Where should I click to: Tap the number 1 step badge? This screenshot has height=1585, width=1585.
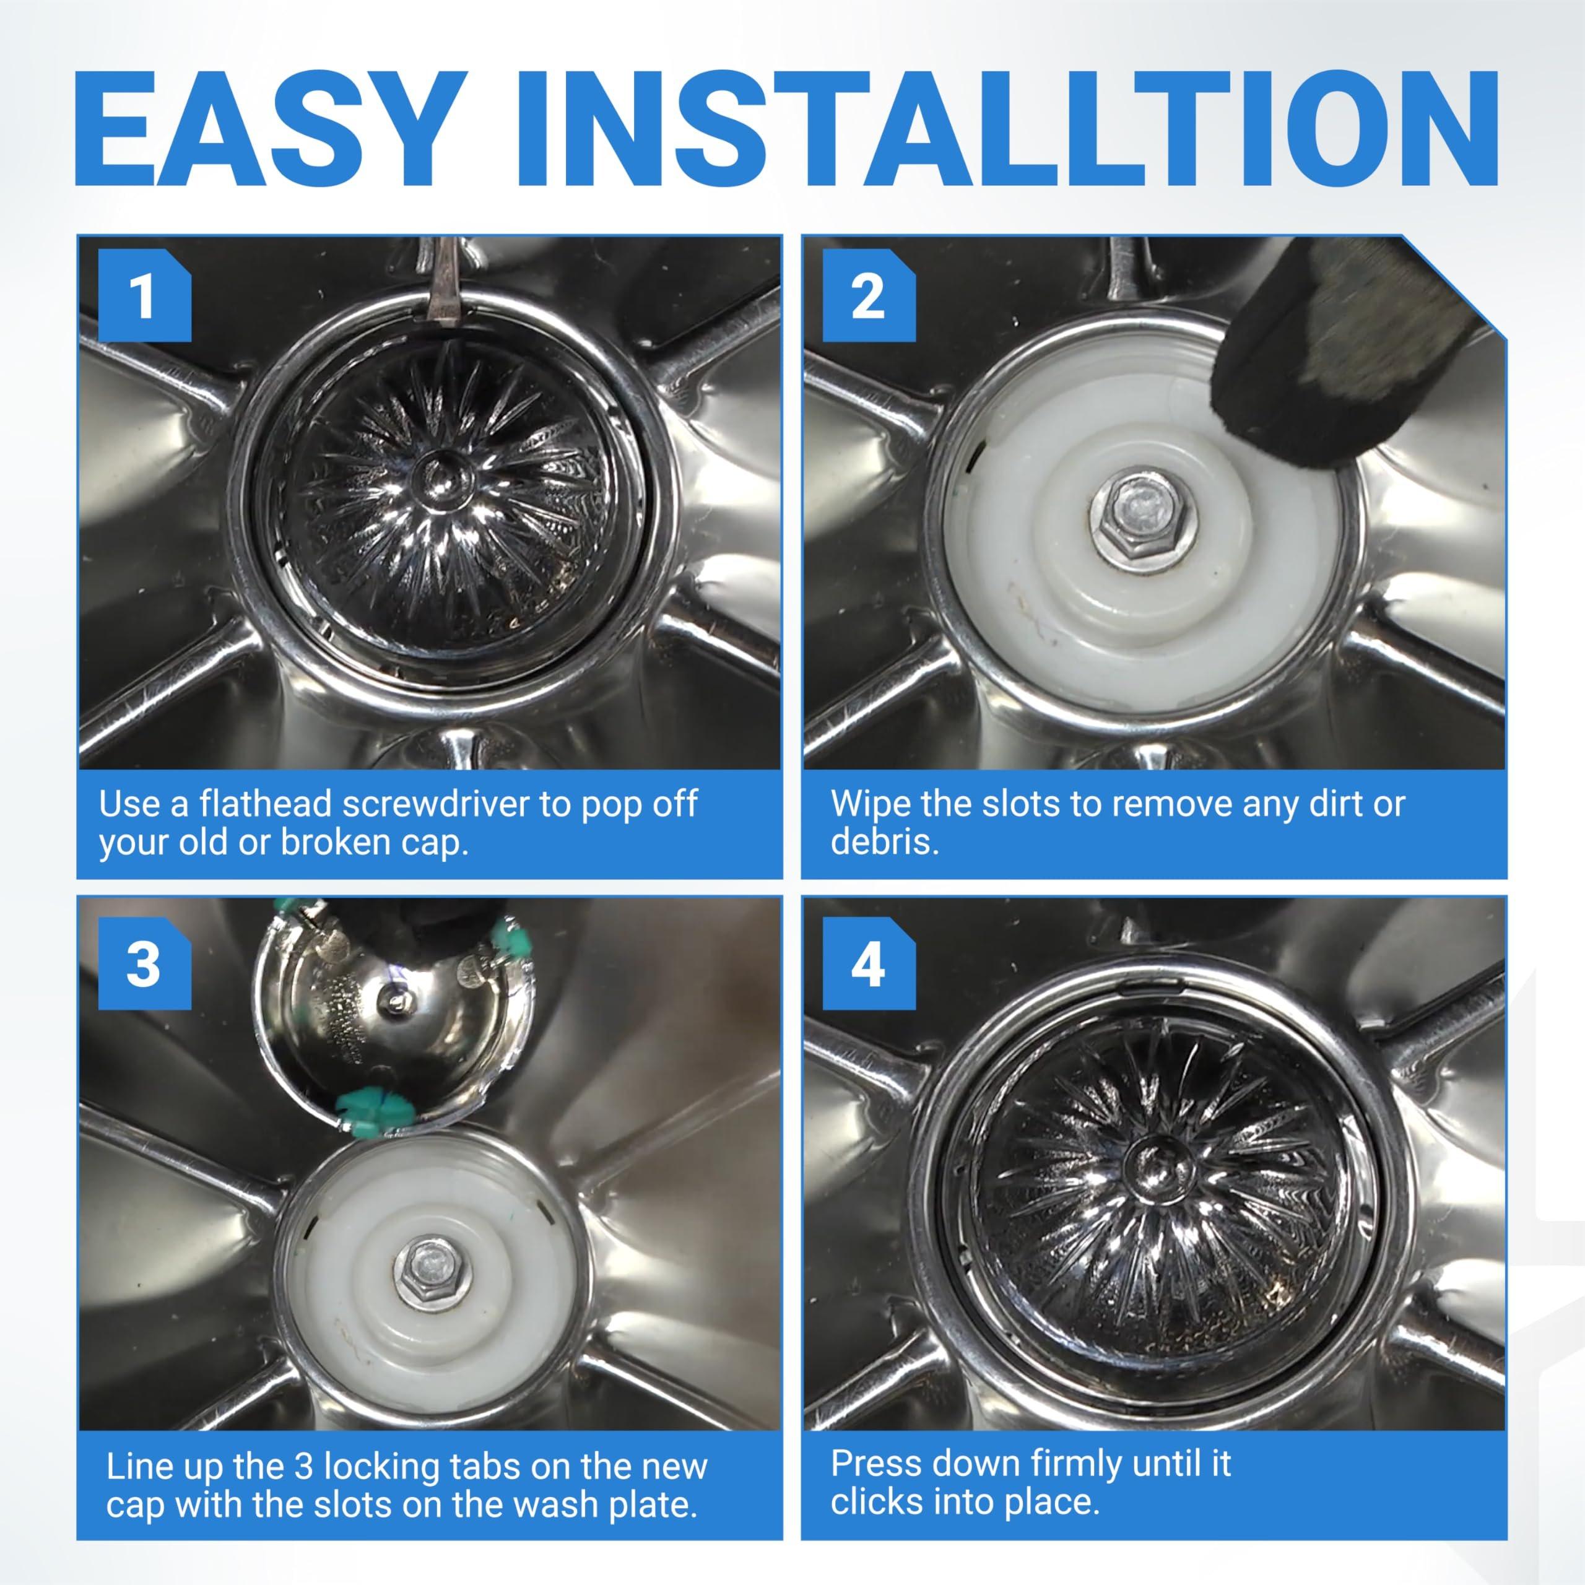[x=144, y=296]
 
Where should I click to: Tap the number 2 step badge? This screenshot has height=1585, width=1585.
[x=869, y=296]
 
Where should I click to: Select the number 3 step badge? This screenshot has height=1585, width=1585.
[x=144, y=964]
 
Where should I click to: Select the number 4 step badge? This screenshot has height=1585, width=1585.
[x=869, y=964]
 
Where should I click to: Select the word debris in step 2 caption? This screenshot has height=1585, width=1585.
[x=884, y=842]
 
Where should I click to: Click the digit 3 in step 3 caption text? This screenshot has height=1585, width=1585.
[x=303, y=1466]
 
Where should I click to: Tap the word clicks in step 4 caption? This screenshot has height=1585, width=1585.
[x=876, y=1501]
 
